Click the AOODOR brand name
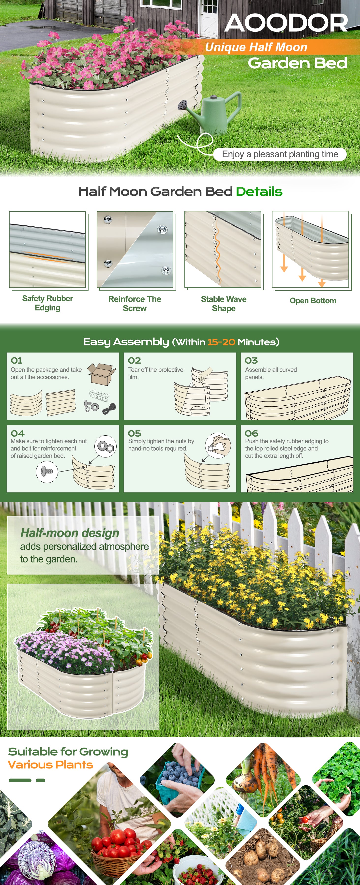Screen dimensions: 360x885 coord(286,23)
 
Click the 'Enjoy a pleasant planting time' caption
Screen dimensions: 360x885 coord(280,154)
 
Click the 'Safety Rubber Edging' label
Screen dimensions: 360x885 coord(47,303)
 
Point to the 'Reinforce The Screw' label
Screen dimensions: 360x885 coord(135,304)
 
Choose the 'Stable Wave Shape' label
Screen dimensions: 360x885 coord(224,304)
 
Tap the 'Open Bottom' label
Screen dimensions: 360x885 coord(313,301)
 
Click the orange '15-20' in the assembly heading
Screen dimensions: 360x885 coord(221,342)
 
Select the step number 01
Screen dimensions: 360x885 coord(16,361)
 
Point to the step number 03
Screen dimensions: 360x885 coord(251,361)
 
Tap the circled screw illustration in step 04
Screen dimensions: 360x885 coord(47,471)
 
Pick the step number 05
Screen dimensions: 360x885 coord(134,434)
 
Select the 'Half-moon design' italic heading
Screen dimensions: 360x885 coord(70,533)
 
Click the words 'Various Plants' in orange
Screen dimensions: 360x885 coord(50,765)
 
